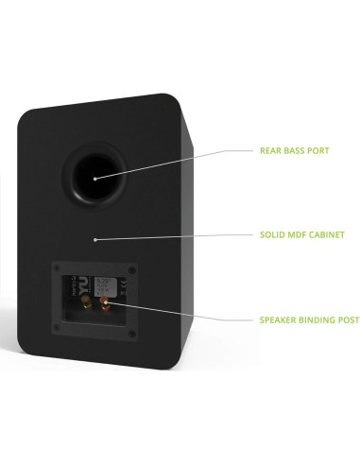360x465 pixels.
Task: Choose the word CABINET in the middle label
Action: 326,233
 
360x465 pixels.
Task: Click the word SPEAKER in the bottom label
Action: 277,319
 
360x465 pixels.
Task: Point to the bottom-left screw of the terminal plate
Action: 56,328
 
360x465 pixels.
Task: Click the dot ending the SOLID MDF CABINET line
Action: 94,240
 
